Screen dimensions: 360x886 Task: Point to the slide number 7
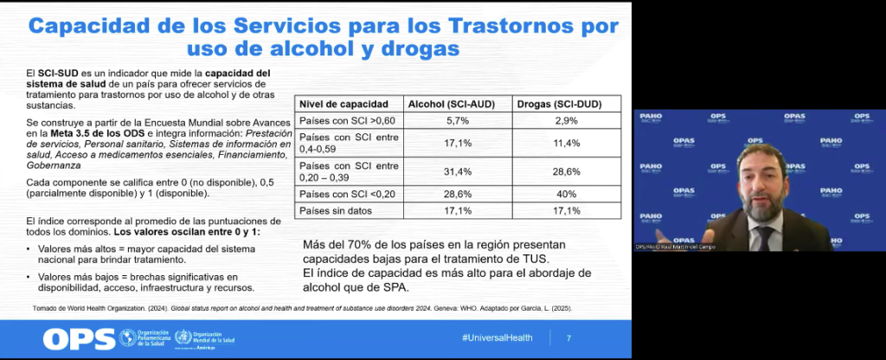(568, 337)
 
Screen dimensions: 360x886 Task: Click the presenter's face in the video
(761, 183)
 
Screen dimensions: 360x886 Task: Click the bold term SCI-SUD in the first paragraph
(55, 72)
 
